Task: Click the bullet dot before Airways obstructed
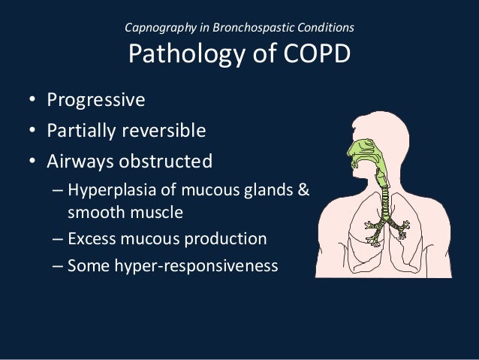click(34, 162)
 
